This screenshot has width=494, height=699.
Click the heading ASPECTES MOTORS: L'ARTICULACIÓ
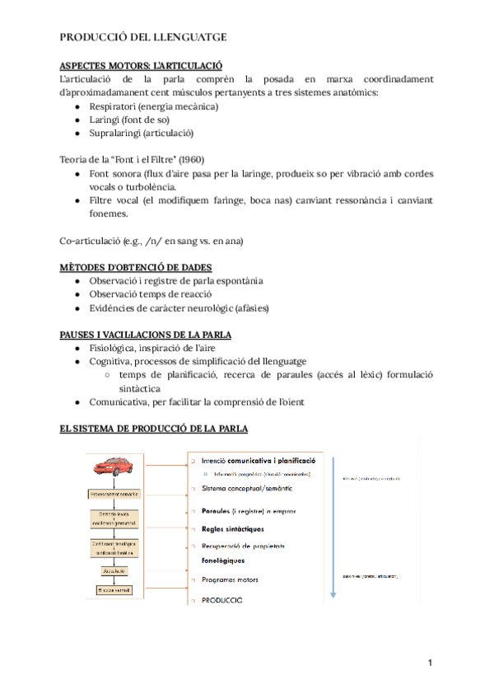(x=142, y=65)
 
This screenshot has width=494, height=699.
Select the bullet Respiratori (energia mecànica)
(x=154, y=106)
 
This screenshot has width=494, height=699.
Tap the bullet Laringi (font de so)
(x=131, y=120)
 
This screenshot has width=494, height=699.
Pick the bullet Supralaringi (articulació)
(x=142, y=133)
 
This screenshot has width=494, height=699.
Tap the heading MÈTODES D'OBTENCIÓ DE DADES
(x=136, y=267)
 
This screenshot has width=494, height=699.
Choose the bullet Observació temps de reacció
(x=162, y=294)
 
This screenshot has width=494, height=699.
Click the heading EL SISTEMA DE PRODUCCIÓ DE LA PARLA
(x=154, y=429)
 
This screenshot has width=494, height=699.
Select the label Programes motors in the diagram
(x=230, y=579)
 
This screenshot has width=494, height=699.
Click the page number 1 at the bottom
(x=430, y=663)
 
